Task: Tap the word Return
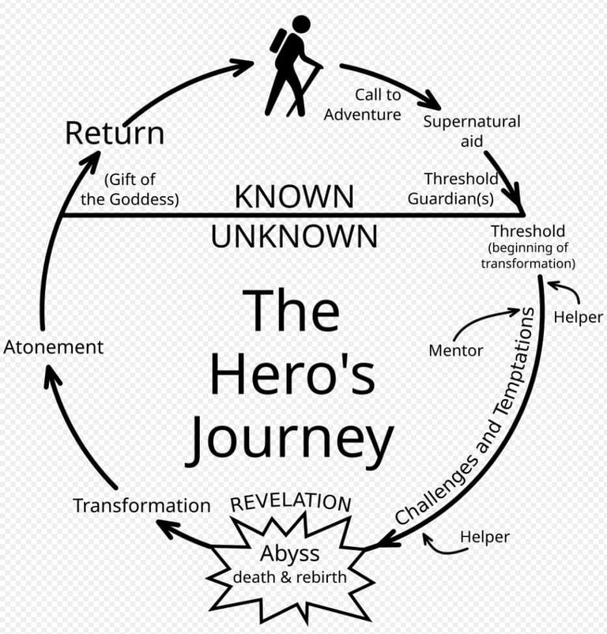pos(115,133)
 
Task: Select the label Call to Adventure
pos(363,104)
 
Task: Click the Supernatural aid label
pos(472,131)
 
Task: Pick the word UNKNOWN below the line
pos(294,236)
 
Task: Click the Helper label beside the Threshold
pos(578,317)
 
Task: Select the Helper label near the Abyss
pos(484,537)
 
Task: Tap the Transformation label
pos(141,505)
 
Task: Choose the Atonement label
pos(53,346)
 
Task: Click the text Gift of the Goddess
pos(130,189)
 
